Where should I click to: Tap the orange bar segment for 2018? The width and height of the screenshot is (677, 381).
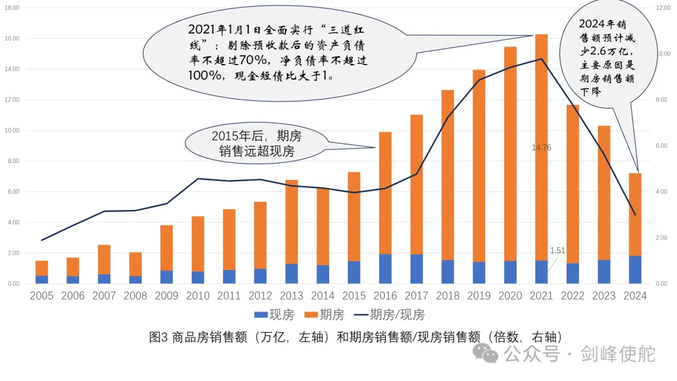pyautogui.click(x=448, y=175)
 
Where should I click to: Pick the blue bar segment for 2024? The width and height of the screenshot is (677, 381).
pyautogui.click(x=635, y=269)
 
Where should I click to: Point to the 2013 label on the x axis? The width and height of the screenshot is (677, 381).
pyautogui.click(x=291, y=296)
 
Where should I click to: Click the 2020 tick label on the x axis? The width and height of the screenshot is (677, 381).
pyautogui.click(x=510, y=296)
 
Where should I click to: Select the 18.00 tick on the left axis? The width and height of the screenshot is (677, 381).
pyautogui.click(x=13, y=8)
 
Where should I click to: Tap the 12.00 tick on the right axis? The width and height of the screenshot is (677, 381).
pyautogui.click(x=663, y=8)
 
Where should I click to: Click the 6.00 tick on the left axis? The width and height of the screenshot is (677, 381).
pyautogui.click(x=13, y=192)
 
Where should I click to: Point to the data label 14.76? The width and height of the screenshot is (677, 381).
pyautogui.click(x=541, y=148)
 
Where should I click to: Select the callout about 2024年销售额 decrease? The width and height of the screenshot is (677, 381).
pyautogui.click(x=607, y=56)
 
